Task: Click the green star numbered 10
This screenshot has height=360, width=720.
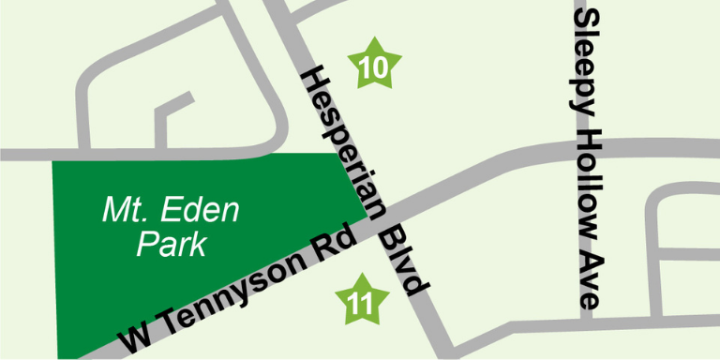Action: click(x=374, y=66)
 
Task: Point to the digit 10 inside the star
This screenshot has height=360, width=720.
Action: click(x=374, y=67)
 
